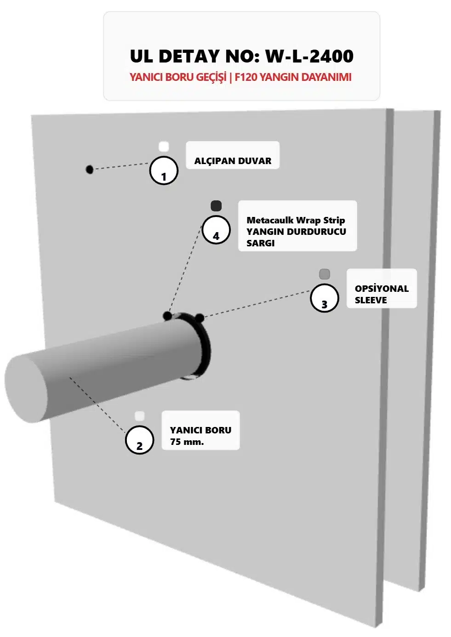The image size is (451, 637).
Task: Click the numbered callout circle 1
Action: pos(164,171)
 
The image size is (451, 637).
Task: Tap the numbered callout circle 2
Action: pos(139,440)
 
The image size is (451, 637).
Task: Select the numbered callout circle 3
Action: pos(325,298)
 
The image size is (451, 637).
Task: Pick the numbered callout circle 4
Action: pos(216,230)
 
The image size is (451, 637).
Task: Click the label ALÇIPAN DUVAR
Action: pos(233,161)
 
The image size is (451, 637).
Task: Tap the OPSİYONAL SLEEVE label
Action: pos(382,294)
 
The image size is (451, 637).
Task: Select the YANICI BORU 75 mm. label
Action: pos(200,436)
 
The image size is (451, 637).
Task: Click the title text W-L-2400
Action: pos(309,56)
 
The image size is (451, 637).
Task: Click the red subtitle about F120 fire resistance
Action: pos(240,77)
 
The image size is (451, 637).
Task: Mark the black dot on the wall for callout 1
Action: pos(90,170)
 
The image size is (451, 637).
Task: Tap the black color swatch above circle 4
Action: pos(216,205)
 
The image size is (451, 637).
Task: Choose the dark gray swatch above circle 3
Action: pos(325,274)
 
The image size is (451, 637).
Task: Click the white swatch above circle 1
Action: pos(164,147)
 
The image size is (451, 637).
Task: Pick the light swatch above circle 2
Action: pos(140,416)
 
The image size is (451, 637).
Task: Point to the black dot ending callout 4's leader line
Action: pos(168,316)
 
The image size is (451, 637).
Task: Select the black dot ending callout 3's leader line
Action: pos(200,318)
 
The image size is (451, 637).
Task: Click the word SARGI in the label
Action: pos(260,243)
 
